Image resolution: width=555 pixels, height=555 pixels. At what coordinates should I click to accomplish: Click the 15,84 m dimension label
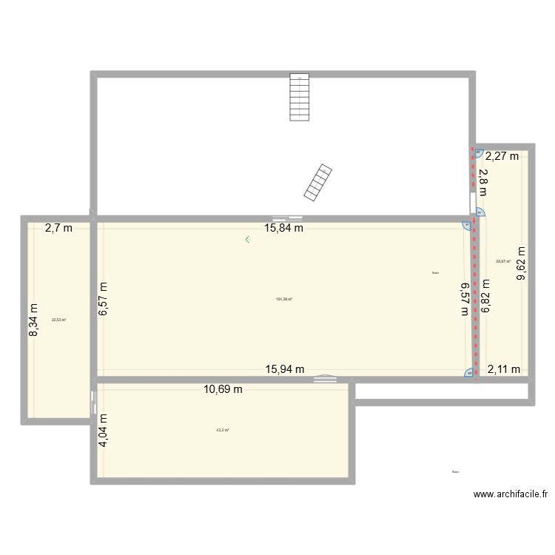(x=285, y=228)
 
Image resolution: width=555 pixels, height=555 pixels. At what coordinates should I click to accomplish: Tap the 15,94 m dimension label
(x=285, y=369)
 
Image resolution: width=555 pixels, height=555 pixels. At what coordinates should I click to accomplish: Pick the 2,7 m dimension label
(x=58, y=228)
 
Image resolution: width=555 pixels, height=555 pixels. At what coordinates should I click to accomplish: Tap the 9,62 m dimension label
(x=522, y=263)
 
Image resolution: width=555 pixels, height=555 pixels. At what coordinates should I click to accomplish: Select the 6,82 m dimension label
(x=486, y=296)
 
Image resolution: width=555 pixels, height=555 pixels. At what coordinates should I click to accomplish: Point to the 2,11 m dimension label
(x=504, y=369)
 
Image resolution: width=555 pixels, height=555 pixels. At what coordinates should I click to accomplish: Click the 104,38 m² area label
(x=283, y=299)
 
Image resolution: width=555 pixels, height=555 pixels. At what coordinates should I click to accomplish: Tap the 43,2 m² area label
(x=222, y=430)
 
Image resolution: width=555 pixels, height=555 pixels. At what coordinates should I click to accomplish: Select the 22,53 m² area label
(x=58, y=320)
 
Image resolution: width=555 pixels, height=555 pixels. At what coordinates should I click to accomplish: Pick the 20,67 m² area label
(x=503, y=260)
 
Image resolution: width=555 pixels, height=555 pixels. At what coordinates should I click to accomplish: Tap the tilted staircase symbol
(x=317, y=182)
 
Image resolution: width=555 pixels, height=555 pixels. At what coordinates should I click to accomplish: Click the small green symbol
(x=249, y=239)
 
